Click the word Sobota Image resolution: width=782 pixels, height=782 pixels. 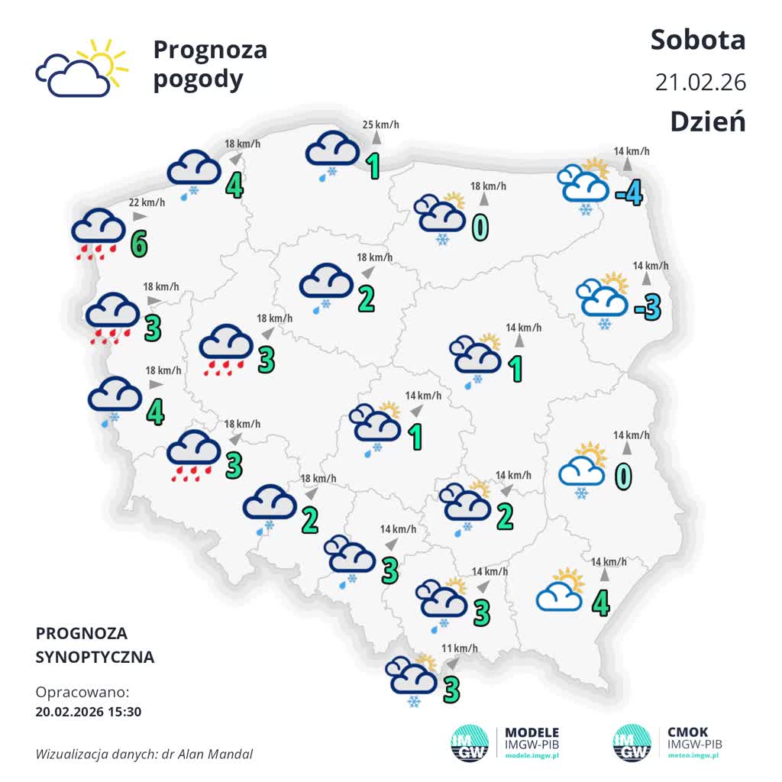[697, 40]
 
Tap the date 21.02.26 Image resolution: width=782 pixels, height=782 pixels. [700, 82]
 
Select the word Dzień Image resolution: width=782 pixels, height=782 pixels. [707, 121]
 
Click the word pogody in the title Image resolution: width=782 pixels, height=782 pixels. [198, 79]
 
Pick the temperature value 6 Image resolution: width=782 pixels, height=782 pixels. [138, 244]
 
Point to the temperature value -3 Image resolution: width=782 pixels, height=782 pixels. [646, 306]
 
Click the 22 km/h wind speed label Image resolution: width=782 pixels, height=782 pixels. [147, 202]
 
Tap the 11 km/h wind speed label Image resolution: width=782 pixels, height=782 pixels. [460, 649]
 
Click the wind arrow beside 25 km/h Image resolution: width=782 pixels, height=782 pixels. [376, 138]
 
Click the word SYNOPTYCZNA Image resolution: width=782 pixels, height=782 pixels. [95, 657]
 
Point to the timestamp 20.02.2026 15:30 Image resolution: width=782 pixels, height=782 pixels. [89, 712]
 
